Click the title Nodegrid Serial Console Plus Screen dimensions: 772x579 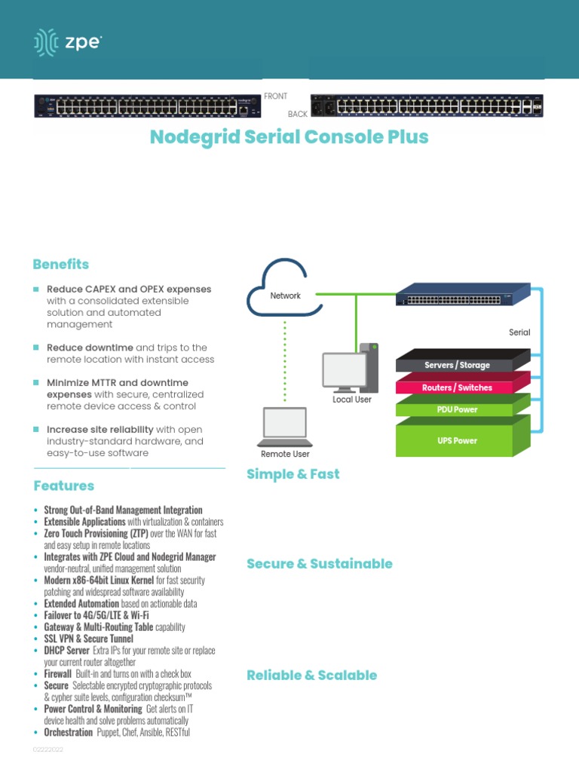coord(289,137)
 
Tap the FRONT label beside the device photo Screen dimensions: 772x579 coord(275,96)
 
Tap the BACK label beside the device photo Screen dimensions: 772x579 coord(298,115)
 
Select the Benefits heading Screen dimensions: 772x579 coord(60,265)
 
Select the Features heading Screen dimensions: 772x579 coord(63,486)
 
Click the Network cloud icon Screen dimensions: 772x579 coord(285,289)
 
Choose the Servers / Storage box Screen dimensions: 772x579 coord(457,365)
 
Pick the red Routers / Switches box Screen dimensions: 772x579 coord(457,388)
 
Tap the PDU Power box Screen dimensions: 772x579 coord(455,409)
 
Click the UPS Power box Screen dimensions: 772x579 coord(455,440)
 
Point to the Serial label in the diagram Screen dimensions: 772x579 coord(519,332)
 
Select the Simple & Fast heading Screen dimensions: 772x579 coord(293,474)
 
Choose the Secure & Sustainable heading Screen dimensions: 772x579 coord(320,564)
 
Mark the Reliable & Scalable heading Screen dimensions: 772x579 coord(311,675)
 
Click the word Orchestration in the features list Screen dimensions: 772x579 coord(69,733)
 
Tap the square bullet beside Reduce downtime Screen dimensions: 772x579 coord(35,348)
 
